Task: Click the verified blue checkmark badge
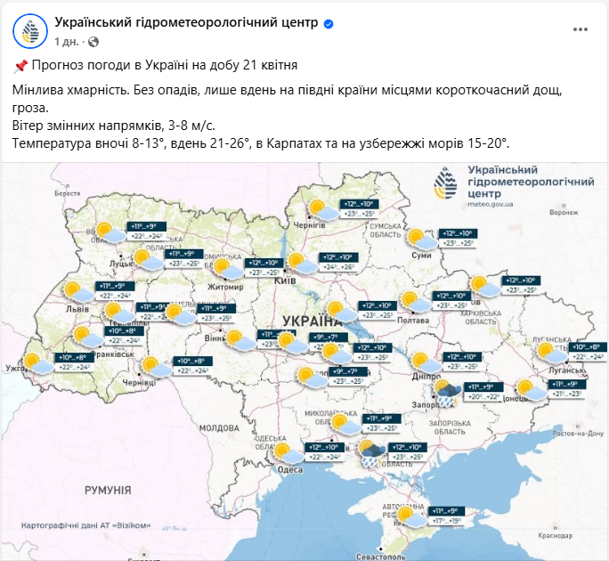click(x=328, y=23)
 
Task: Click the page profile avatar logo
click(x=30, y=31)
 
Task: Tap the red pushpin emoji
click(x=21, y=66)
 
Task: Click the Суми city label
click(x=423, y=256)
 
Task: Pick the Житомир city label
click(x=226, y=287)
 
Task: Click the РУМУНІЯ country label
click(x=108, y=491)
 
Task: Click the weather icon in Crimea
click(x=411, y=517)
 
